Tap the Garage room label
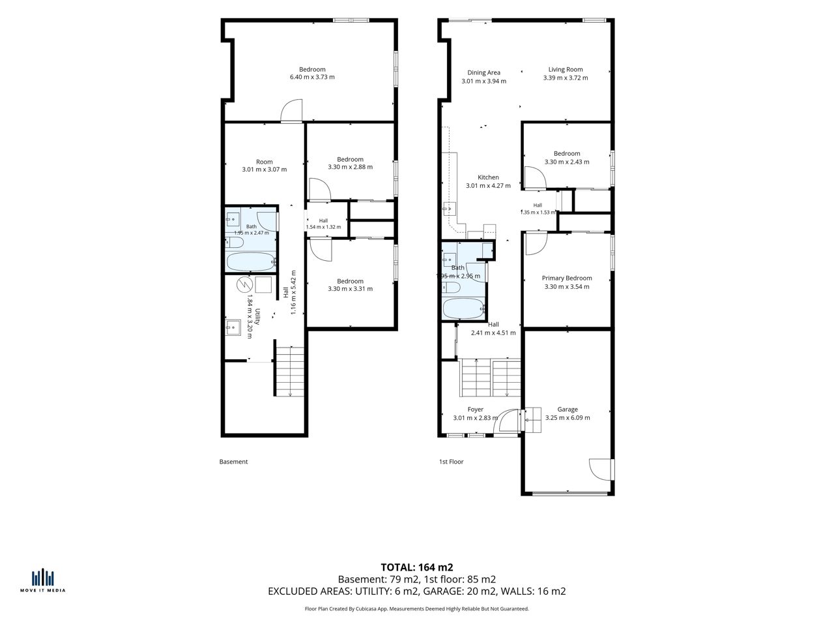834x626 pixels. point(568,410)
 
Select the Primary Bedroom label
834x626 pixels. point(566,278)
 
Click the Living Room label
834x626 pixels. point(566,70)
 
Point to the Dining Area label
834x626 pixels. point(483,72)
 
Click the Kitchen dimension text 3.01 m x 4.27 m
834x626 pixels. point(488,186)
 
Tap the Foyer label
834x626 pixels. point(476,410)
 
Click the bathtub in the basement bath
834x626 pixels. point(251,261)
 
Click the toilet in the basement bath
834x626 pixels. point(234,242)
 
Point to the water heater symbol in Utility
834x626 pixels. point(244,285)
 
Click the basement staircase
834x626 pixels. point(289,371)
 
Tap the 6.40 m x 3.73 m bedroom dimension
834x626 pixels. point(312,77)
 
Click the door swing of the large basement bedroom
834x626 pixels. point(291,111)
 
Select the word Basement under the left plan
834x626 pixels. point(233,462)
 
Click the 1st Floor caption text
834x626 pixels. point(451,462)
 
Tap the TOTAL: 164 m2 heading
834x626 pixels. point(417,567)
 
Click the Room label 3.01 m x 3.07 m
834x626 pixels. point(265,166)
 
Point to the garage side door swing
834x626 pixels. point(600,469)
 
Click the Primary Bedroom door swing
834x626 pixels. point(536,244)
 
